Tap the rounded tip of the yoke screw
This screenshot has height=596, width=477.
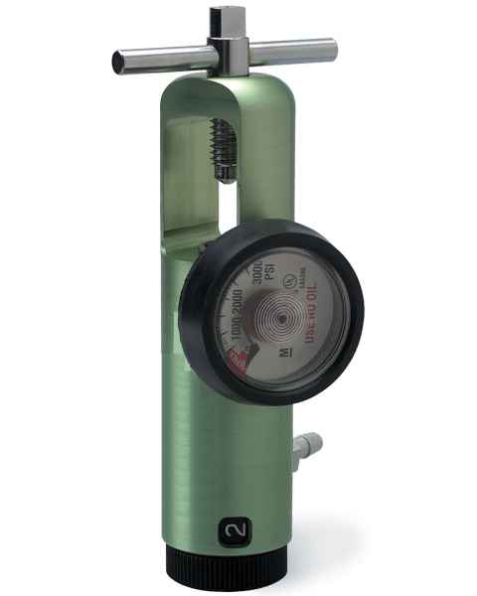[x=229, y=177]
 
